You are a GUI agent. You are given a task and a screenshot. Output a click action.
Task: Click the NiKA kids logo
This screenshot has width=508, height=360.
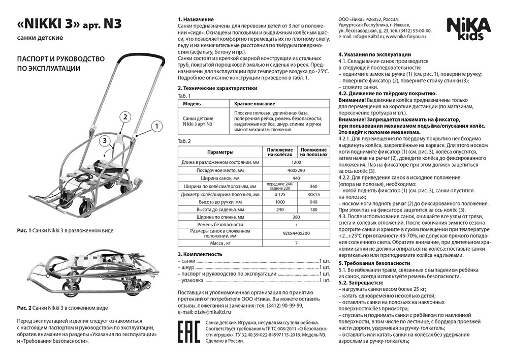(468, 28)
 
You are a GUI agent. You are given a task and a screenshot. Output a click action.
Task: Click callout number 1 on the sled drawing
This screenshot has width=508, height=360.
(157, 125)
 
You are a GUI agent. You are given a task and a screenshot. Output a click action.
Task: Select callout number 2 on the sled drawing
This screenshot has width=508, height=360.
(123, 117)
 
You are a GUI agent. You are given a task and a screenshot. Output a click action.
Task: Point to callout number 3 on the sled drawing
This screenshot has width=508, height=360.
(104, 140)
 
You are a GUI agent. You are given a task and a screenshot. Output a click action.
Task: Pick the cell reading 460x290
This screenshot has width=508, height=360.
(297, 170)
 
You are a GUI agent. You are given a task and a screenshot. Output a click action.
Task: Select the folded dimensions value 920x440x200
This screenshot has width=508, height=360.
(297, 234)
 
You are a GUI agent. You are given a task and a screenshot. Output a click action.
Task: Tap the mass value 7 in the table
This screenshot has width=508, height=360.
(297, 244)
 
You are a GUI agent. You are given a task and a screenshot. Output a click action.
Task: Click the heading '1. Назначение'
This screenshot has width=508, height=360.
(196, 19)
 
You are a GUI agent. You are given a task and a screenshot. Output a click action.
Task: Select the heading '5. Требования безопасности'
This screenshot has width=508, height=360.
(374, 263)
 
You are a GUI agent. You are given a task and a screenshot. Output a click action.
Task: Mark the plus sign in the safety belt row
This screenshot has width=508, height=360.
(297, 224)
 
